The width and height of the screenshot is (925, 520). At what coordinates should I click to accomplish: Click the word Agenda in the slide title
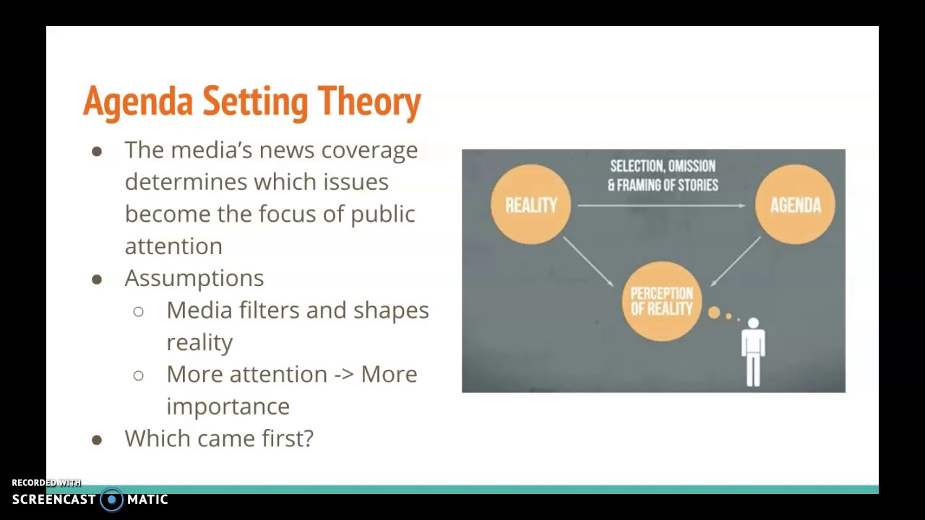pos(137,102)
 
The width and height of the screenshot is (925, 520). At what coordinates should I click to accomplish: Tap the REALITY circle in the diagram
pos(530,205)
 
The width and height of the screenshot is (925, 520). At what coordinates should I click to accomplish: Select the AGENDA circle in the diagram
pos(795,205)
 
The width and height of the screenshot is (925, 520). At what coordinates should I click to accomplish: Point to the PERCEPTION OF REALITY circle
pos(661,301)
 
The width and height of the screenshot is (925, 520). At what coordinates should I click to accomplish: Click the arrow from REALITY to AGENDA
pos(661,206)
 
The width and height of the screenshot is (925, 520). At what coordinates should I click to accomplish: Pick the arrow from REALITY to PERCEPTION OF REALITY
pos(589,262)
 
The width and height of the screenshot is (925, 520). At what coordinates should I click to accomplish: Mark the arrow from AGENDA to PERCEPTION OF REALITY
pos(736,261)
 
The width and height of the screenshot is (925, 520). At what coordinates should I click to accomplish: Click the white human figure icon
pos(753,352)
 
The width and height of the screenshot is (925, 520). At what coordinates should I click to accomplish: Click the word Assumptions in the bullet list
pos(194,278)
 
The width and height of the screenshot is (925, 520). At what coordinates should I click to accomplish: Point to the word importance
pos(228,407)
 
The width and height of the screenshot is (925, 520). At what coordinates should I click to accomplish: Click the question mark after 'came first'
pos(309,438)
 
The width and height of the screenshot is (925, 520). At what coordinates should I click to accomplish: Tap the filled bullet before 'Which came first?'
pos(97,439)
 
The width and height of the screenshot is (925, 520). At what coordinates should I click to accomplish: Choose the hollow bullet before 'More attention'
pos(138,375)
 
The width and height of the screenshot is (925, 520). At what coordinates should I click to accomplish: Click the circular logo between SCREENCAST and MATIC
pos(111,500)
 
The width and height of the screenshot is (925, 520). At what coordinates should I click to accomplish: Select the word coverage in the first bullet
pos(369,150)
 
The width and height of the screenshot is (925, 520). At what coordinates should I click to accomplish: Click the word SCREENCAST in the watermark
pos(53,500)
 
